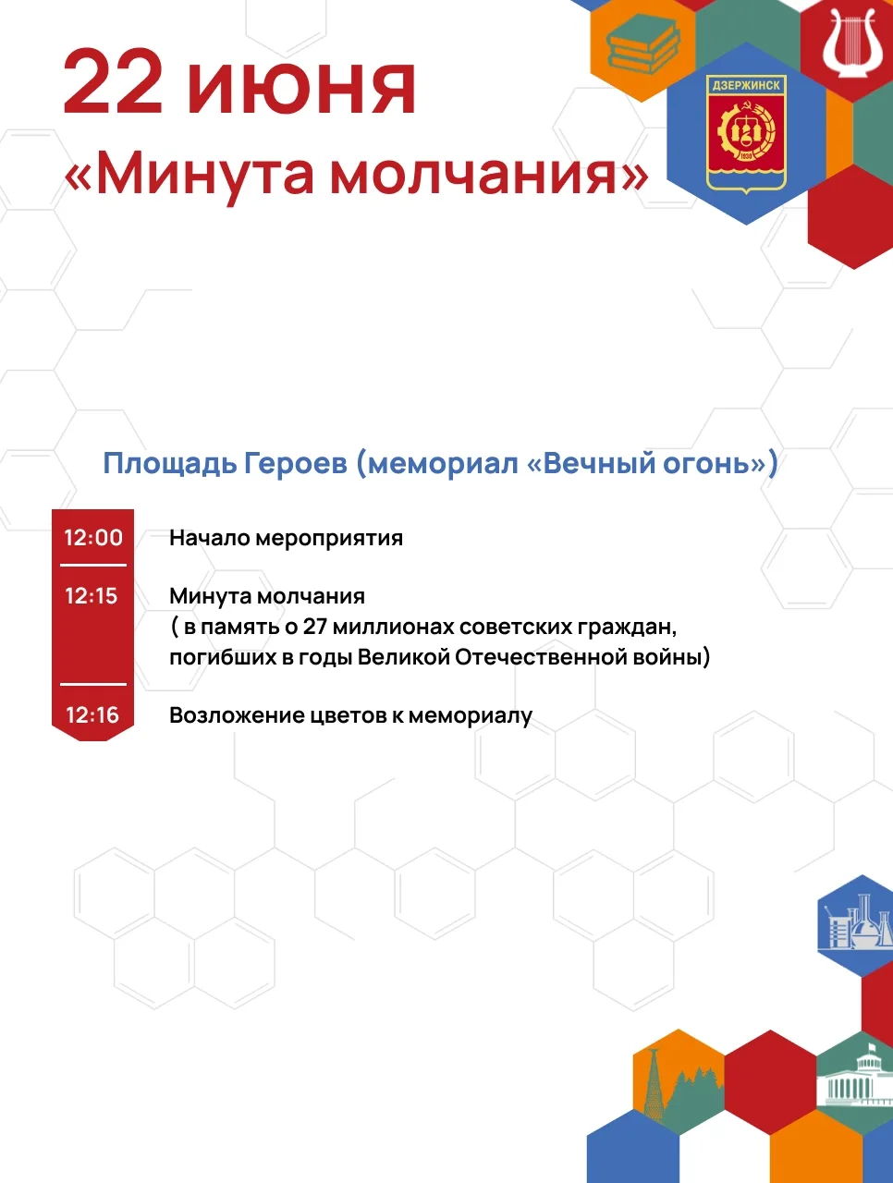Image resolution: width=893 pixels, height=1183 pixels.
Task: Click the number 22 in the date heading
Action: tap(113, 82)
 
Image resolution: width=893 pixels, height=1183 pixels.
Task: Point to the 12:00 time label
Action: tap(93, 538)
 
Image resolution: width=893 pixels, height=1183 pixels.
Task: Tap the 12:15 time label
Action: tap(92, 596)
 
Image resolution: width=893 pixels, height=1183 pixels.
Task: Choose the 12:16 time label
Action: tap(92, 715)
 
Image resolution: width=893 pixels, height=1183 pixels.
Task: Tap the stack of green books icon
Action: tap(643, 44)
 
